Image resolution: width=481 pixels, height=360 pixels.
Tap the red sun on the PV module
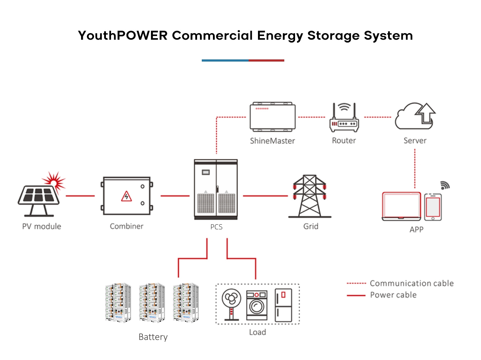tap(54, 180)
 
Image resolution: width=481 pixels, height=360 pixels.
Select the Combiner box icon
tap(126, 196)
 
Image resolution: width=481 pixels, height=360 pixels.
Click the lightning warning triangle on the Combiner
tap(126, 196)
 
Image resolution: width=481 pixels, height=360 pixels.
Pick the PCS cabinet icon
tap(216, 189)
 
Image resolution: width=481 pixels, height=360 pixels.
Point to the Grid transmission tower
tap(309, 196)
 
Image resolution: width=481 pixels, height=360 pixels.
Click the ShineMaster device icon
tap(273, 117)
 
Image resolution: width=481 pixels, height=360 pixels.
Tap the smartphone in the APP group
tap(433, 207)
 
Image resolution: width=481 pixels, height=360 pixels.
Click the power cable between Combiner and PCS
tap(175, 196)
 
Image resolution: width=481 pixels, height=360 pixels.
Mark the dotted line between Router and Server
tap(377, 117)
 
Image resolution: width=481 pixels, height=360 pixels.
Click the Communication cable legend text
tap(411, 283)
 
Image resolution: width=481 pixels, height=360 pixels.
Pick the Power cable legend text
tap(393, 295)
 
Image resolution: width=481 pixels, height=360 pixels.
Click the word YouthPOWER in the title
tap(123, 36)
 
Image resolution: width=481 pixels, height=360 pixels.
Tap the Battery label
tap(153, 337)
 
